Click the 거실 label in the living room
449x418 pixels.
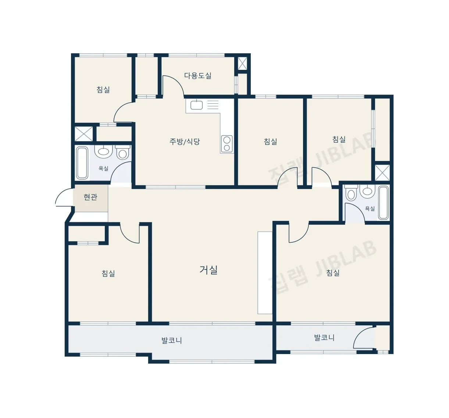pyautogui.click(x=209, y=270)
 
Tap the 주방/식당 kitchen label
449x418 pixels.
pyautogui.click(x=185, y=142)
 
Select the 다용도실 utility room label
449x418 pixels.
pyautogui.click(x=198, y=75)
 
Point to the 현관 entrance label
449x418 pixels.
pyautogui.click(x=90, y=197)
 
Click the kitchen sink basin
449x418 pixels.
pyautogui.click(x=196, y=105)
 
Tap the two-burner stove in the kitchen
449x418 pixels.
pyautogui.click(x=227, y=144)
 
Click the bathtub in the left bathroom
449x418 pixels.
pyautogui.click(x=82, y=163)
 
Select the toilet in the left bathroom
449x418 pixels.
pyautogui.click(x=122, y=152)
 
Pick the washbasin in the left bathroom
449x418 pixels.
pyautogui.click(x=103, y=151)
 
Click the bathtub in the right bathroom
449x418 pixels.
pyautogui.click(x=383, y=203)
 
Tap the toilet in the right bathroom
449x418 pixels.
pyautogui.click(x=351, y=193)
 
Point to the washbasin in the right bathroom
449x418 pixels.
pyautogui.click(x=368, y=191)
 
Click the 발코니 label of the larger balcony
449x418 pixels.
pyautogui.click(x=172, y=340)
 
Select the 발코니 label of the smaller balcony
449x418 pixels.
pyautogui.click(x=324, y=338)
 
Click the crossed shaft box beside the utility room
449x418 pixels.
pyautogui.click(x=243, y=64)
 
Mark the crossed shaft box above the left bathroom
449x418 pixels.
pyautogui.click(x=83, y=134)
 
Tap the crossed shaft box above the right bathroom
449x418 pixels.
pyautogui.click(x=382, y=173)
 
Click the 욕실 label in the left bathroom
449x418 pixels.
pyautogui.click(x=103, y=168)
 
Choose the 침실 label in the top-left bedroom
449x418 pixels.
pyautogui.click(x=103, y=90)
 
